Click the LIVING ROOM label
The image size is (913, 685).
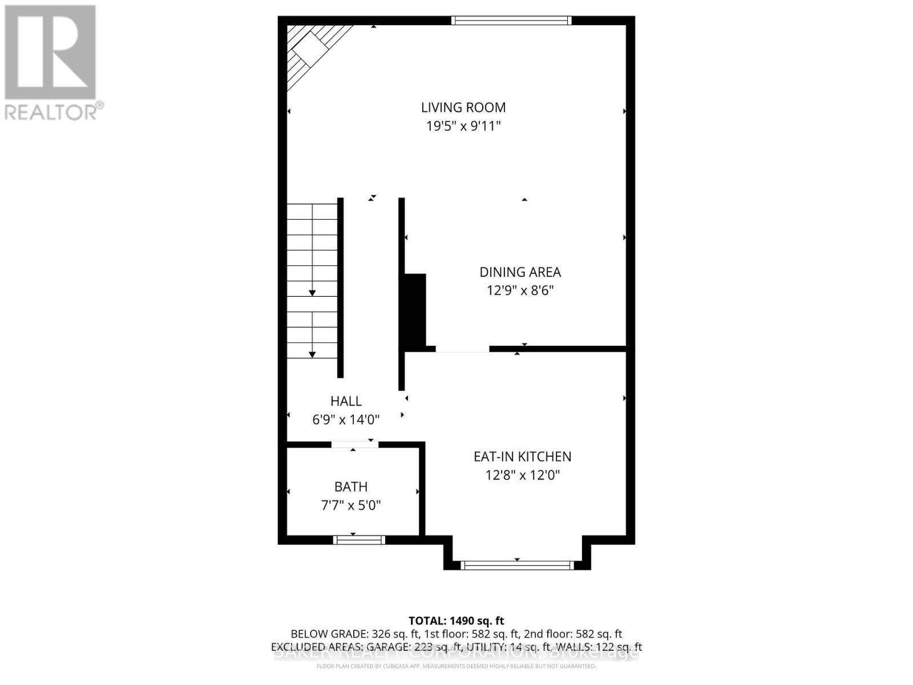tap(463, 107)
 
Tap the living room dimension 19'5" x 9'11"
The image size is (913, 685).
tap(463, 126)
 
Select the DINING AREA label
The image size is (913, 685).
tap(520, 272)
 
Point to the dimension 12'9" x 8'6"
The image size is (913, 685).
tap(520, 291)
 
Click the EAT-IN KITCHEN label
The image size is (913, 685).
tap(522, 457)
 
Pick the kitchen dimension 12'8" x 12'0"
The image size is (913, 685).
tap(522, 475)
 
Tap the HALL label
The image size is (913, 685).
tap(346, 401)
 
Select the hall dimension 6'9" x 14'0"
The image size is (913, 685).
tap(346, 420)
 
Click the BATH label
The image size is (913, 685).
tap(350, 487)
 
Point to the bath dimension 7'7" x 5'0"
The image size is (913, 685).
tap(350, 505)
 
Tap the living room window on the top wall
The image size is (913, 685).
tap(511, 21)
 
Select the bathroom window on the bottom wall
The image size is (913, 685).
tap(359, 539)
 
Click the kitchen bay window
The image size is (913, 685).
tap(517, 565)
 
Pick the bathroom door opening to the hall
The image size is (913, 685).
tap(354, 444)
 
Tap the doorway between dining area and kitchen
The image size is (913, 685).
tap(462, 349)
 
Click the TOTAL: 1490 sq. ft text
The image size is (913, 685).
tap(456, 620)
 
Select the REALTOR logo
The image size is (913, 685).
tap(51, 62)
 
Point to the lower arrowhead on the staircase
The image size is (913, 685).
tap(312, 354)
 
